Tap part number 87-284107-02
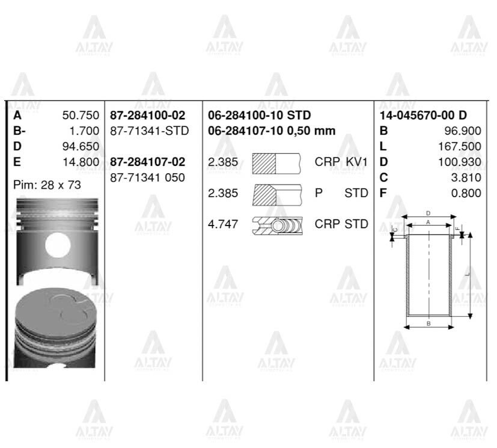(148, 162)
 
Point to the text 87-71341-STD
(150, 130)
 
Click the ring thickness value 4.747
(223, 224)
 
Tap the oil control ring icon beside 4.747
(277, 224)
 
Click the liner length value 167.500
(460, 146)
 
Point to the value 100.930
(460, 162)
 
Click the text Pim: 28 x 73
(47, 185)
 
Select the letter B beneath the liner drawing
(428, 324)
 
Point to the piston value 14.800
(81, 162)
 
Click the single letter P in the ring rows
(318, 193)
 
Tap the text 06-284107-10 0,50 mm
(272, 130)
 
